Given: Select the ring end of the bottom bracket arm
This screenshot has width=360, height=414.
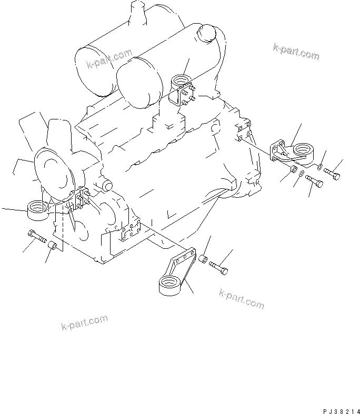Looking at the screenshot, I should [169, 287].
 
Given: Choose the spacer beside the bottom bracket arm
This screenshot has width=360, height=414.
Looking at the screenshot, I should [203, 260].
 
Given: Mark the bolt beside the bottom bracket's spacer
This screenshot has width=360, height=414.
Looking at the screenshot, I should [219, 268].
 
